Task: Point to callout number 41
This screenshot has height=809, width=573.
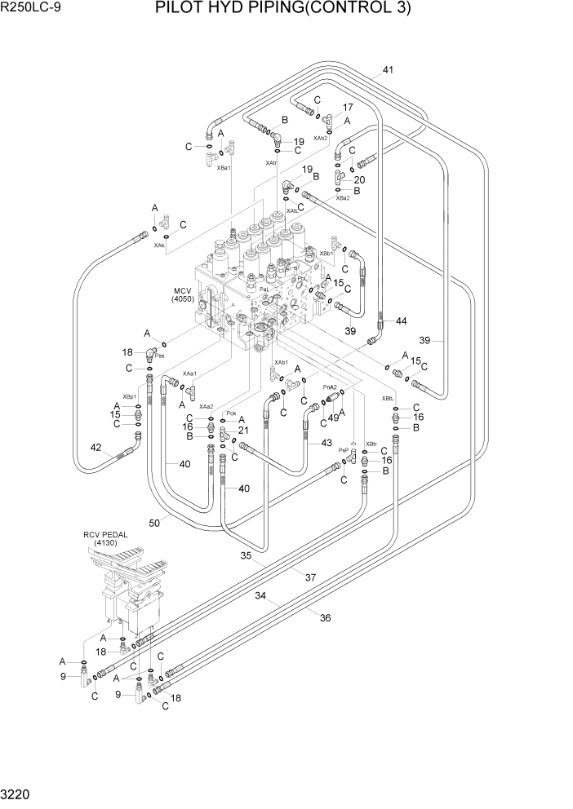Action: click(x=388, y=70)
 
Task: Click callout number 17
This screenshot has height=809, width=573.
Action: click(x=348, y=107)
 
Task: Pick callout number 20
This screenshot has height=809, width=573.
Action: click(x=359, y=179)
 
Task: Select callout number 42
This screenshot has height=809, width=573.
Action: click(x=95, y=447)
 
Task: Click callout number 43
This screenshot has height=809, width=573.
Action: click(x=326, y=443)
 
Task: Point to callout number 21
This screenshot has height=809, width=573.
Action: click(x=242, y=430)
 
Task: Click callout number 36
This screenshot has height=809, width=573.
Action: click(x=325, y=617)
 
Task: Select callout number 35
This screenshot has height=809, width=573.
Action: click(x=245, y=556)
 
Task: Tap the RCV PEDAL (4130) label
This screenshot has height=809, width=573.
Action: click(x=105, y=537)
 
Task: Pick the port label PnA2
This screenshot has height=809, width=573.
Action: click(x=331, y=387)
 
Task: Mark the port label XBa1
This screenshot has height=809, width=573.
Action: click(x=223, y=167)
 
